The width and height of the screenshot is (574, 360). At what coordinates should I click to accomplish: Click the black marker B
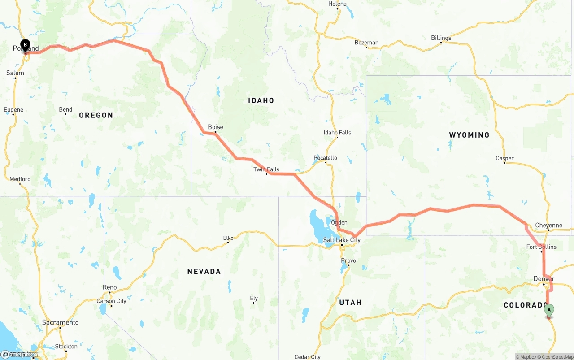click(26, 45)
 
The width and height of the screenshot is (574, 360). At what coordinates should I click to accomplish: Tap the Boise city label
click(215, 127)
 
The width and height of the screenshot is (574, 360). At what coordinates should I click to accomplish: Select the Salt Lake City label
click(342, 240)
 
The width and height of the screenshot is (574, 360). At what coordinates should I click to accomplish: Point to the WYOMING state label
click(469, 135)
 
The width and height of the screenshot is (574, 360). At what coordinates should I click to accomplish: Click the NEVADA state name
click(204, 271)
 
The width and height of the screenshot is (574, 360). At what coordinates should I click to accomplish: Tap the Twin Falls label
click(266, 169)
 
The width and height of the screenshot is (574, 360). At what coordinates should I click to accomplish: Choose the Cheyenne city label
click(548, 225)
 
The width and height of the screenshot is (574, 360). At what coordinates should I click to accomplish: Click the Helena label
click(337, 4)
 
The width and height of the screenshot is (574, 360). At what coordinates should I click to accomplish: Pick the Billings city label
click(441, 38)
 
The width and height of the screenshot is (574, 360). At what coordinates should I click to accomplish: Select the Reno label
click(109, 287)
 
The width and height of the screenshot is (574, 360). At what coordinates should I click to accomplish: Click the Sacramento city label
click(60, 322)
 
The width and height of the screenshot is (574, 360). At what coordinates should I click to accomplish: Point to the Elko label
click(228, 238)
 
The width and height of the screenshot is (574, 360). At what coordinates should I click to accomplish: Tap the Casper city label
click(504, 158)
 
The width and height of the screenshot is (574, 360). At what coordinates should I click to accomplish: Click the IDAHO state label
click(261, 100)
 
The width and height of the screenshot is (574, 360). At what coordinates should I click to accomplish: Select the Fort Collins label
click(541, 247)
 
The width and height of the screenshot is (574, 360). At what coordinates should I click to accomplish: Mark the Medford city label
click(20, 179)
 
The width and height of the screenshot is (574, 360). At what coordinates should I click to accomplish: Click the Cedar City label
click(307, 357)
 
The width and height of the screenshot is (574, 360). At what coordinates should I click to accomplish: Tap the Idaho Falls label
click(337, 132)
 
